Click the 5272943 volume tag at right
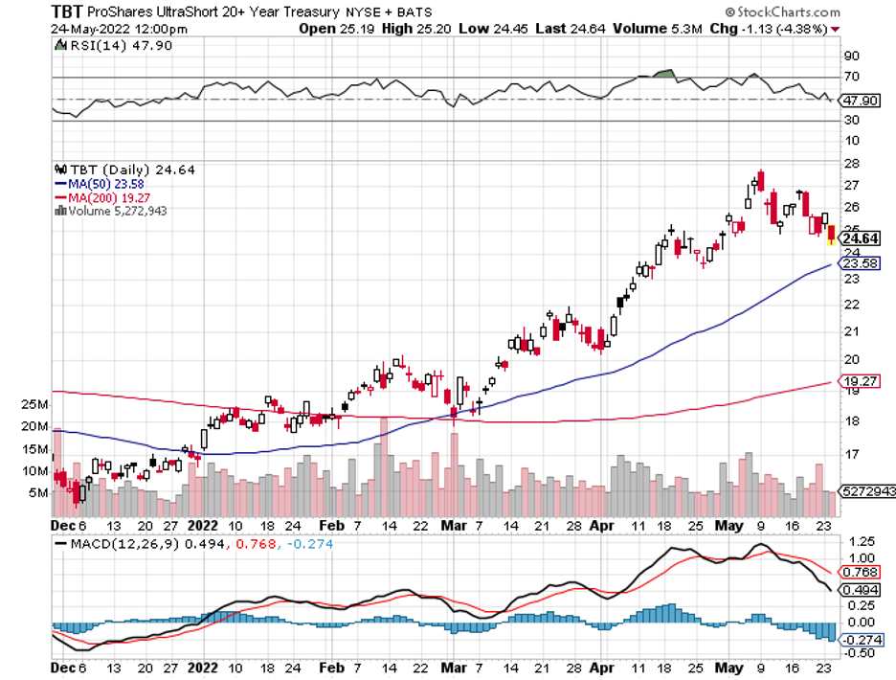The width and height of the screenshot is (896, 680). click(x=865, y=491)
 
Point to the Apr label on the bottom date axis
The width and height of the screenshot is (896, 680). click(x=601, y=526)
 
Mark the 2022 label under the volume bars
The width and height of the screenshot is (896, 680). click(x=203, y=526)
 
